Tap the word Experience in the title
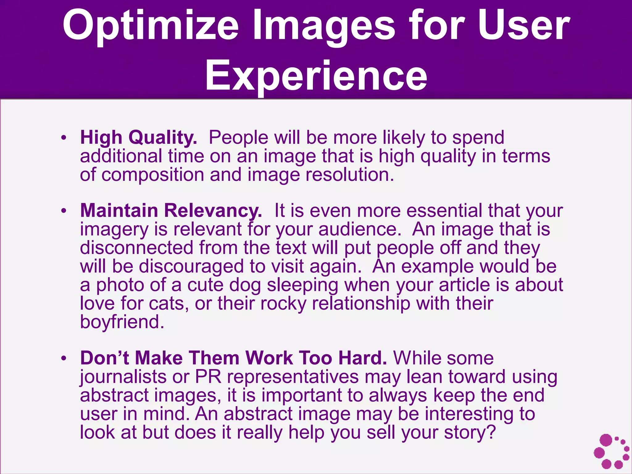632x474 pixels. [x=316, y=76]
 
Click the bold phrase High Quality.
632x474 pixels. [x=138, y=137]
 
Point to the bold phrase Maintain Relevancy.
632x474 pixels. [x=171, y=210]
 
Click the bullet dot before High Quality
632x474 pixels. [x=64, y=138]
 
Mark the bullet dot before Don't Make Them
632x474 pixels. [x=64, y=359]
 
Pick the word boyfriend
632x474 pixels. [x=122, y=322]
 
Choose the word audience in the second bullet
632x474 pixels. [x=360, y=229]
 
